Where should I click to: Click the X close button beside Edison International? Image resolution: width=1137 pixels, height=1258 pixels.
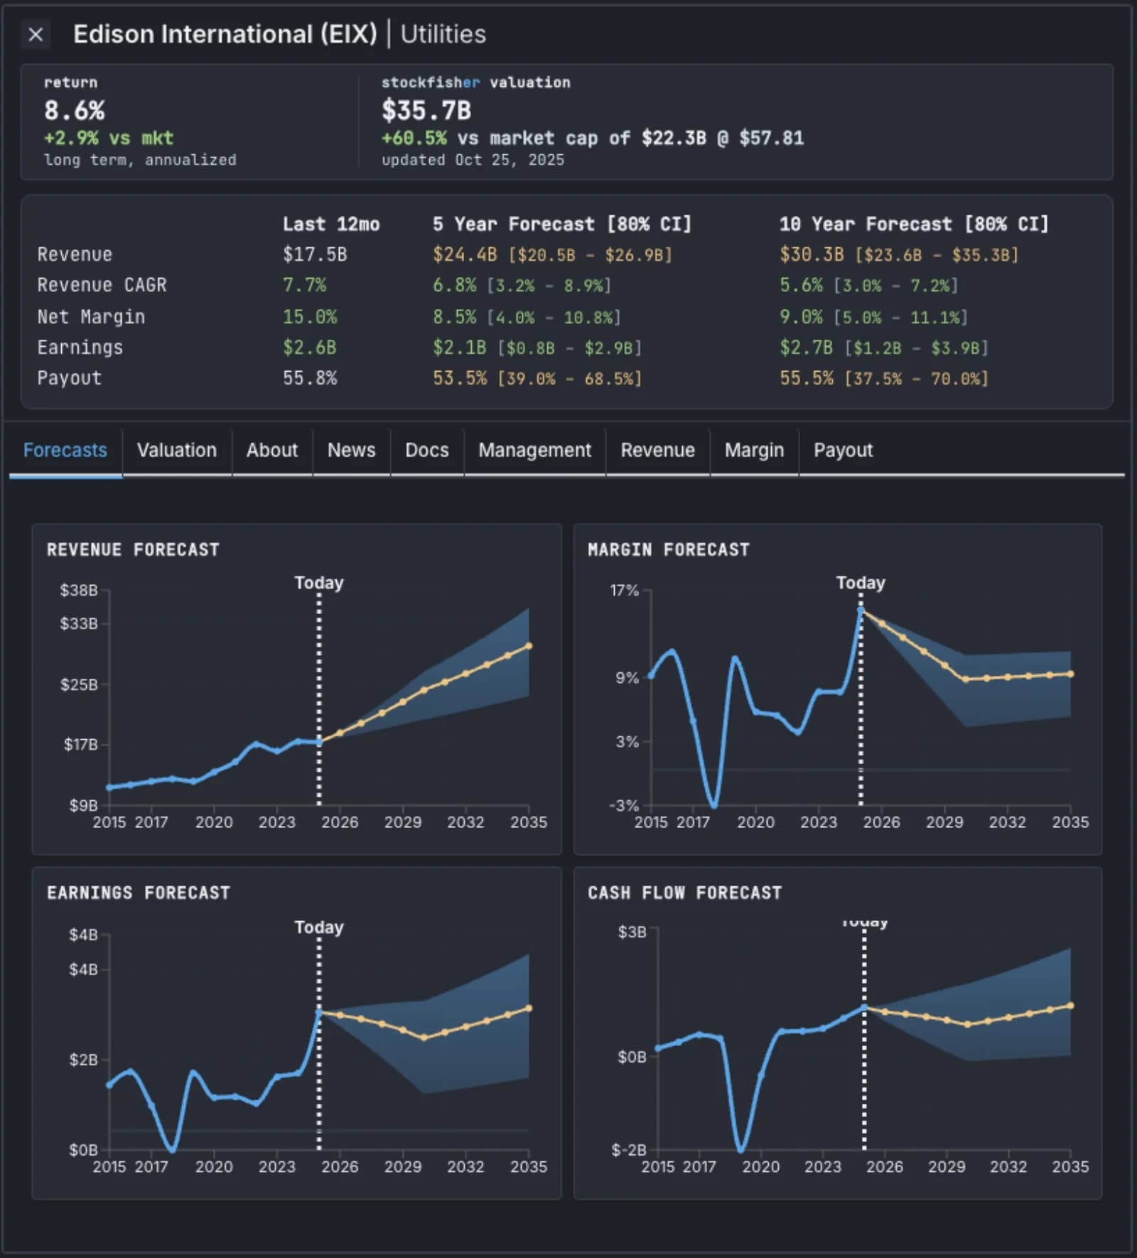coord(36,34)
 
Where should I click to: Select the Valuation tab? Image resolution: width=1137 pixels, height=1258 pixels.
coord(176,450)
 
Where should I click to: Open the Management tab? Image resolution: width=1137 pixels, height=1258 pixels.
coord(534,450)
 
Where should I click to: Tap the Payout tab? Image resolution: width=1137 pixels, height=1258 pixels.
coord(843,450)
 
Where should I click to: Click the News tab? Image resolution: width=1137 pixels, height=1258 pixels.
coord(351,450)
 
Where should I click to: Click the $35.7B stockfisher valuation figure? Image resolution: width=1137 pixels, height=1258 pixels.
coord(426,110)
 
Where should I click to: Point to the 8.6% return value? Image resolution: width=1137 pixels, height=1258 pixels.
coord(74,110)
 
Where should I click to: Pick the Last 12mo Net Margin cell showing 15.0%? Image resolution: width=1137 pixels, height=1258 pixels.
coord(310,316)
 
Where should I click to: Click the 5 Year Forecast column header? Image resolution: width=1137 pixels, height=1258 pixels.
coord(561,224)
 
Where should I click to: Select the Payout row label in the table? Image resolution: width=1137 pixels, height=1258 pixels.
coord(69,378)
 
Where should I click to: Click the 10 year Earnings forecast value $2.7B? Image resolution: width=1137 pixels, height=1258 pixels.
coord(806,348)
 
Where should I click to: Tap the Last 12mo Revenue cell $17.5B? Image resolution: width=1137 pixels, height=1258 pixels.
coord(315,254)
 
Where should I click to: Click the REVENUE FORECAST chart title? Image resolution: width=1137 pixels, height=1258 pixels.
coord(133,549)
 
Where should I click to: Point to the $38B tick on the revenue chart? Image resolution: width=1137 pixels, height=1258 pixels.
coord(79,590)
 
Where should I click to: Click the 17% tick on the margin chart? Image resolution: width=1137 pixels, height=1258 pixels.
coord(624,590)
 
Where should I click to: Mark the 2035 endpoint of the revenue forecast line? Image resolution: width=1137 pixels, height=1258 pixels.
coord(529,646)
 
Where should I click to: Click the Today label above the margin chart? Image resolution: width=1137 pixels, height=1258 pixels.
coord(861,583)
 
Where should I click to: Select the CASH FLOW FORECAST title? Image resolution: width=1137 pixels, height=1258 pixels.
coord(684,893)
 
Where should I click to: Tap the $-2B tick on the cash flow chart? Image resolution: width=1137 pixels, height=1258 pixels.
coord(628,1149)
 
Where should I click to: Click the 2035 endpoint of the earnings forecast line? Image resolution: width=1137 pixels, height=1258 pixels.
coord(529,1008)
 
